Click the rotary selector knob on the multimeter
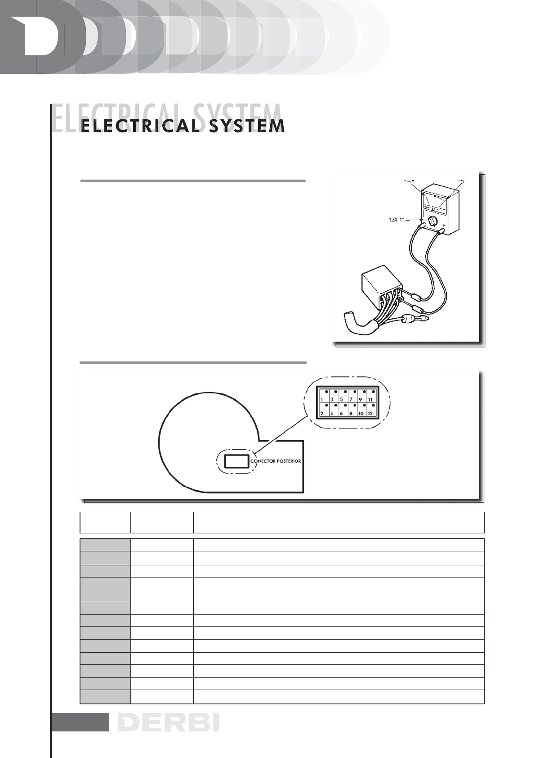433,221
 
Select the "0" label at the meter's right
462,182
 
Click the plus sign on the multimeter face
444,226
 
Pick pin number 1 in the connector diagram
322,399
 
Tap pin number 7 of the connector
351,399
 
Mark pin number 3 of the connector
331,399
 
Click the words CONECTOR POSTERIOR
275,461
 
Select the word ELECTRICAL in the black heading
138,126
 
